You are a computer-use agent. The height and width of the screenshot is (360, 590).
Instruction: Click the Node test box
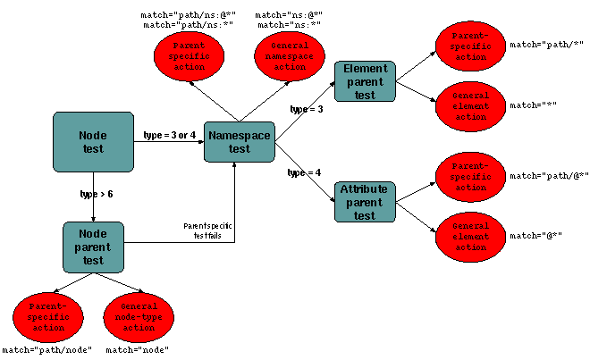point(93,141)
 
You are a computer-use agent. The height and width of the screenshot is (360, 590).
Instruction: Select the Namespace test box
point(239,142)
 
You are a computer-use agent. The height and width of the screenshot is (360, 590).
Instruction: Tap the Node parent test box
point(93,247)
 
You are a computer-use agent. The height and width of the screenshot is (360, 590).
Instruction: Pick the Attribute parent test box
point(364,203)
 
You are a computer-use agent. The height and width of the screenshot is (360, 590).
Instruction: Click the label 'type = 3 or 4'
point(170,135)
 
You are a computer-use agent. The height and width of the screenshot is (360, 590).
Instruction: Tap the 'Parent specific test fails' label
point(207,231)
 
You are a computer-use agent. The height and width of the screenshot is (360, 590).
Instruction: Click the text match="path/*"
point(534,43)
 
